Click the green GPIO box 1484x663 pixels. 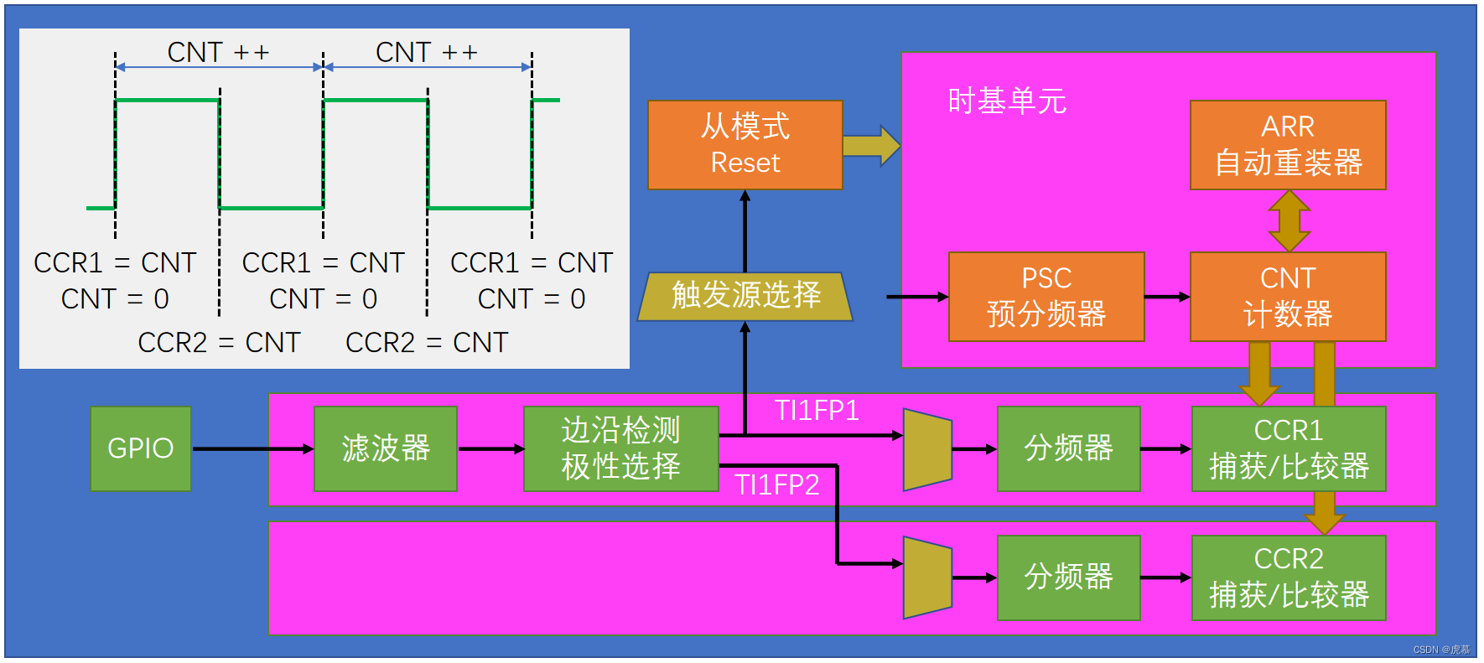click(x=141, y=448)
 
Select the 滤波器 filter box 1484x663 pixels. click(x=385, y=448)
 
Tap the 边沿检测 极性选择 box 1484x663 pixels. click(x=620, y=448)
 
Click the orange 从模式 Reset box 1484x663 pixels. click(x=745, y=145)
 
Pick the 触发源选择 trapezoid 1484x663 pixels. click(x=745, y=296)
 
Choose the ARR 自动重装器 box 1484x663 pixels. click(x=1288, y=145)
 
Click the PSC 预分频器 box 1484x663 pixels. click(x=1046, y=297)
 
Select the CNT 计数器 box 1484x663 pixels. click(x=1288, y=297)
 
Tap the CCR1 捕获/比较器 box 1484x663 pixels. click(x=1289, y=448)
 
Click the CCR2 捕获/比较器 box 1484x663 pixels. click(x=1289, y=578)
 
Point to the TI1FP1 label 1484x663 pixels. click(x=816, y=411)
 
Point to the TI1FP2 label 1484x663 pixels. click(x=776, y=485)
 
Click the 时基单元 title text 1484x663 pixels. click(x=1006, y=101)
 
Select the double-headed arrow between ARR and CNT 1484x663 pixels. click(x=1289, y=221)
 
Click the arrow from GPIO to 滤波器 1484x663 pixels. click(x=252, y=449)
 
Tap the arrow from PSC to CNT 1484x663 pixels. click(x=1167, y=297)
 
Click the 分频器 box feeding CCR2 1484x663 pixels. click(x=1069, y=578)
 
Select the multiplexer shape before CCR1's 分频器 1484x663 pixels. click(x=927, y=449)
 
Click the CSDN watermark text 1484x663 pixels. click(x=1441, y=650)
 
